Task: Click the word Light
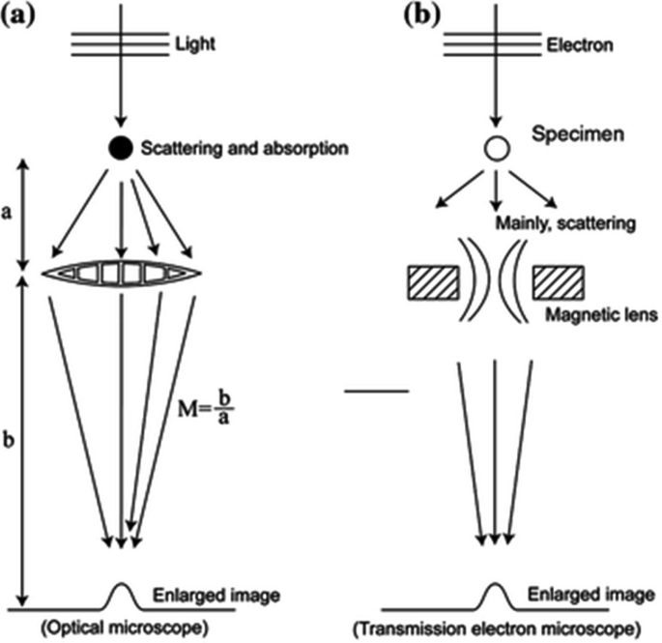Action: coord(195,44)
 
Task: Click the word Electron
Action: coord(580,44)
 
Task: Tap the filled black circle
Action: coord(121,148)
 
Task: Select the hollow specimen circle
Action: coord(497,148)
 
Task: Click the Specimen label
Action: coord(578,134)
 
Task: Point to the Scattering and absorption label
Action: coord(245,148)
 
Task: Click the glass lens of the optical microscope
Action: coord(122,274)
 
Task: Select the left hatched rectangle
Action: coord(433,282)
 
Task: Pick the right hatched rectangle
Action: coord(559,282)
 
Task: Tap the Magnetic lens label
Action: coord(602,315)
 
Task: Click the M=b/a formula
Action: coord(206,409)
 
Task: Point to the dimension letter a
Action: coord(7,214)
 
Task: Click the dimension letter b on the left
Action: coord(9,439)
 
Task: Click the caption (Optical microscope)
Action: coord(125,628)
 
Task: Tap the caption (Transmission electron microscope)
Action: coord(497,629)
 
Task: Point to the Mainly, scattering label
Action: coord(565,223)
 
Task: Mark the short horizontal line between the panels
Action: coord(377,392)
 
